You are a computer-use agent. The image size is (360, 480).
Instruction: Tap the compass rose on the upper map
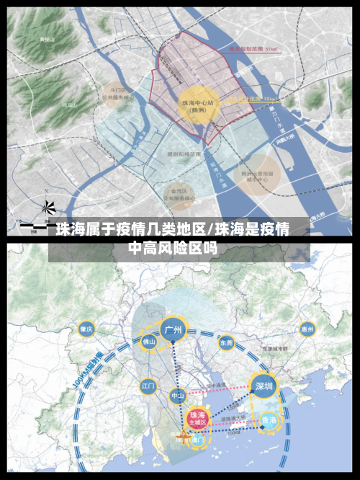point(48,207)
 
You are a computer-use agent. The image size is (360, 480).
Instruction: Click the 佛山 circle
point(149,342)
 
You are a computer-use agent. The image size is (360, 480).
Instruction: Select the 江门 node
point(148,386)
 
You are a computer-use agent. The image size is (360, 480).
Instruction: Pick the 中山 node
point(177,396)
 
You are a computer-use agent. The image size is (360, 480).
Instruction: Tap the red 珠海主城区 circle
point(197,419)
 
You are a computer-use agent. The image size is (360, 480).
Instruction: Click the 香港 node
point(269,420)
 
